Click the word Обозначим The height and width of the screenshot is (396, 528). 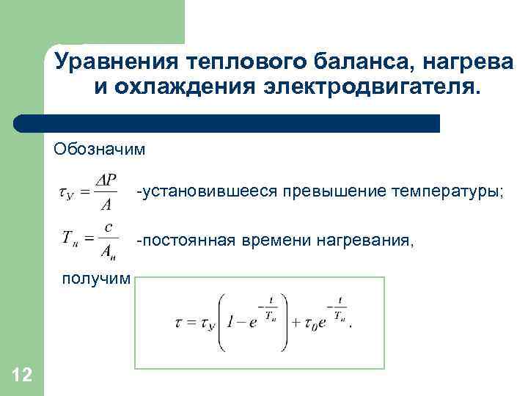[99, 150]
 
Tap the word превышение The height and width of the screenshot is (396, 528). [311, 191]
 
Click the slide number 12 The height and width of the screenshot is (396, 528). [22, 375]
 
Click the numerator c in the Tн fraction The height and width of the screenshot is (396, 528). [108, 227]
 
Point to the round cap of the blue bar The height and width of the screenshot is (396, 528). [22, 123]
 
